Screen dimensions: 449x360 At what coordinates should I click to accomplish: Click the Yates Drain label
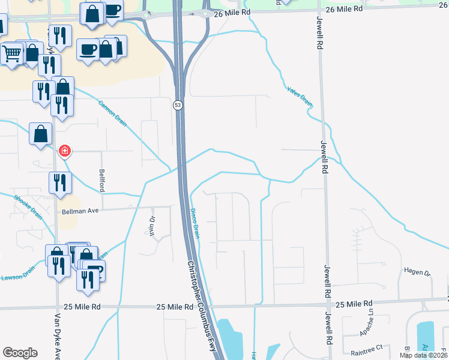click(x=300, y=97)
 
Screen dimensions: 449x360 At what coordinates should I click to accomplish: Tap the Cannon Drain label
click(x=112, y=112)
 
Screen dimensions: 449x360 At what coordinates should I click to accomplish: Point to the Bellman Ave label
click(x=80, y=211)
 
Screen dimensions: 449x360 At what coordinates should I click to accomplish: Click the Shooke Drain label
click(x=28, y=206)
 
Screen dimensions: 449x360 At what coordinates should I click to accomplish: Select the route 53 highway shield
click(x=178, y=105)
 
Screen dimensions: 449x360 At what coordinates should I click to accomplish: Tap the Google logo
click(x=20, y=353)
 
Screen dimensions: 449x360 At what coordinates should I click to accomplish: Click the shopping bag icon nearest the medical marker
click(x=41, y=134)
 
